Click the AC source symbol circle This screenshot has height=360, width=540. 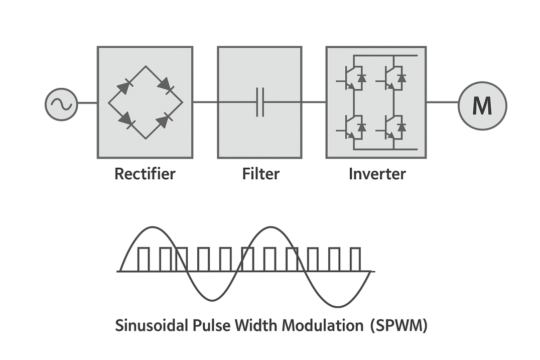pos(61,105)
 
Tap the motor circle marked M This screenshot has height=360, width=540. pos(482,106)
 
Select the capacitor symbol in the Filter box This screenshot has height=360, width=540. pos(260,102)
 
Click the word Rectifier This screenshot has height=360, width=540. pos(145,174)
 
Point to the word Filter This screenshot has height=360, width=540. pos(260,174)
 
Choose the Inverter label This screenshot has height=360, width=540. pos(377,174)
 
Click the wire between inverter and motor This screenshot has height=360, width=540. pos(442,102)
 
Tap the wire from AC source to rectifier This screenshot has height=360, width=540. pos(87,103)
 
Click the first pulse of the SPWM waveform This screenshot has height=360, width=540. pos(144,260)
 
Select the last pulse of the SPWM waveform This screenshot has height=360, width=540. pos(355,260)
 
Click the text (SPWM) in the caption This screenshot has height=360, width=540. pos(398,325)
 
